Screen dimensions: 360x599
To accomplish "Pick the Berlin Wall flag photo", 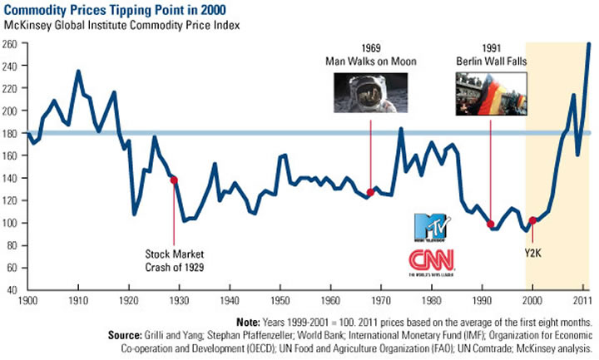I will (x=491, y=93).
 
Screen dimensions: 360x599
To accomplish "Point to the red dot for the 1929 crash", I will (x=174, y=180).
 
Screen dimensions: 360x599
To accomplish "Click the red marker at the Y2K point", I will (x=533, y=220).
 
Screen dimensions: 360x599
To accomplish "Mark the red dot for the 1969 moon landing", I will (x=371, y=193).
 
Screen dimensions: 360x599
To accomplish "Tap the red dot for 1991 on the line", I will (x=491, y=224).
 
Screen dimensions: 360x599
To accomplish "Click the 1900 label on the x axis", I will (x=27, y=297).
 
